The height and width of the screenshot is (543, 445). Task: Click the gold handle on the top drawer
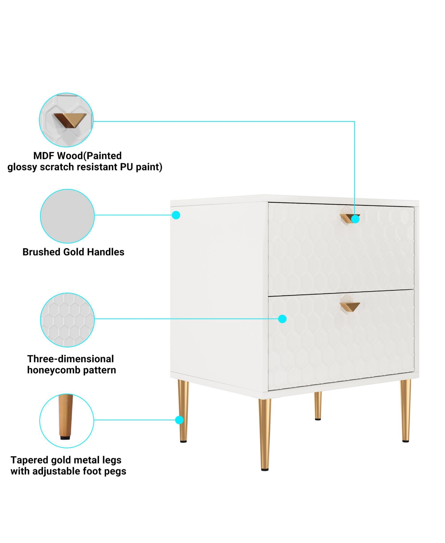coord(347,218)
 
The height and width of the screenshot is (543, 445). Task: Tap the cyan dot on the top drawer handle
coord(355,219)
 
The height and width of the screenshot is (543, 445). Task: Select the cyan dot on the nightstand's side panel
coord(176,215)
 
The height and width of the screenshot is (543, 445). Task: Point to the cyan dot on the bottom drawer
coord(282,319)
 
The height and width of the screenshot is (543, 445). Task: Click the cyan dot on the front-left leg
coord(179,420)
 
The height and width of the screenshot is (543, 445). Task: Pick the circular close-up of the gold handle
coord(66,120)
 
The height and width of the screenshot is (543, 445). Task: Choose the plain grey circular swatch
coord(67,216)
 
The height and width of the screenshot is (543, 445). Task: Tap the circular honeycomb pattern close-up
coord(67,320)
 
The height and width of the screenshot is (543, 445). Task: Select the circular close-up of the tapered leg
coord(67,421)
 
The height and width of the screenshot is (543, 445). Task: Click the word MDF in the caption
coord(43,156)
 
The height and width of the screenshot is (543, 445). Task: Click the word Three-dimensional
coord(70,359)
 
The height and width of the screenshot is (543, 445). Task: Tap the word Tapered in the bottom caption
coord(29,460)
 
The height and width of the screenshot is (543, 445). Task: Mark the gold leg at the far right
coord(405,409)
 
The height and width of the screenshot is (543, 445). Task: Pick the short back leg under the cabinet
coord(318,405)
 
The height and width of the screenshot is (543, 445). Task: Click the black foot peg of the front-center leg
coord(265,470)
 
